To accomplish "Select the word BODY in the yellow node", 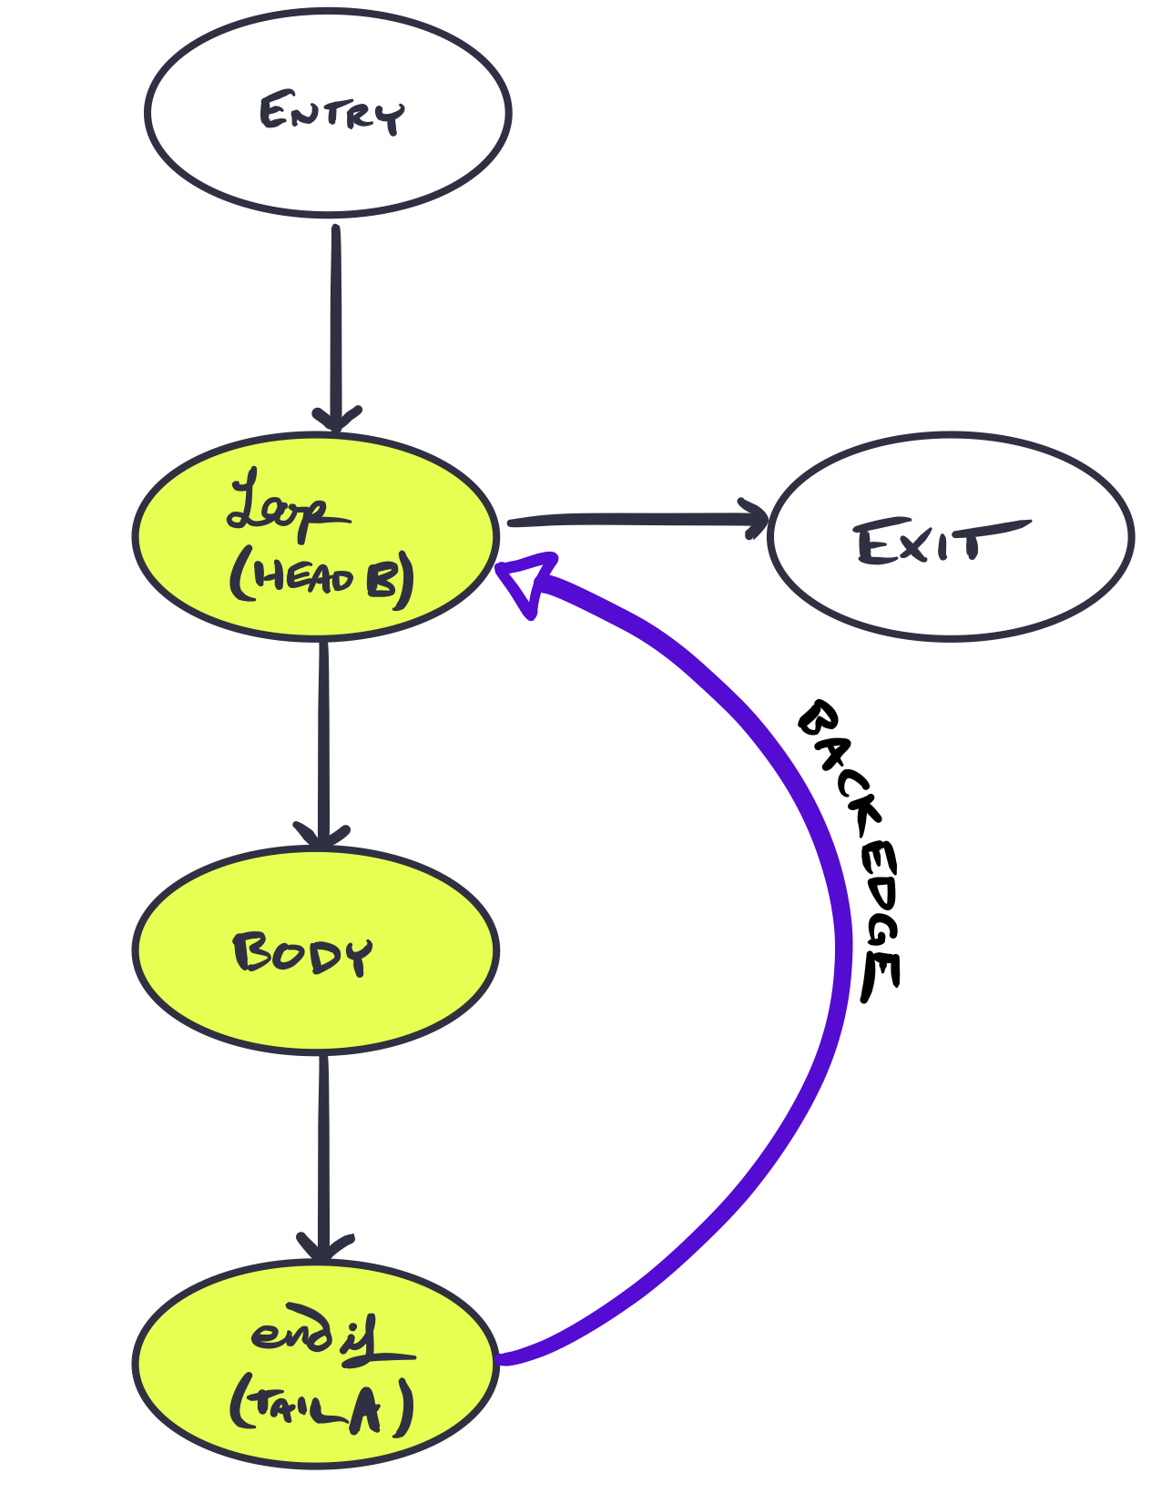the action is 302,954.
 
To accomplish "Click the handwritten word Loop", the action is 289,507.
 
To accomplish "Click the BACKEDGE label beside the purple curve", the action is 851,852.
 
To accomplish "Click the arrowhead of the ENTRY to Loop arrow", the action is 336,419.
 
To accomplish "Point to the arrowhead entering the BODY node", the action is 321,834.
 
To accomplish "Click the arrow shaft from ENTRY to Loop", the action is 336,325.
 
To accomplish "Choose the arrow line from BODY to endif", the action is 323,1156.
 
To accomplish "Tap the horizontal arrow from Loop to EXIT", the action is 637,519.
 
